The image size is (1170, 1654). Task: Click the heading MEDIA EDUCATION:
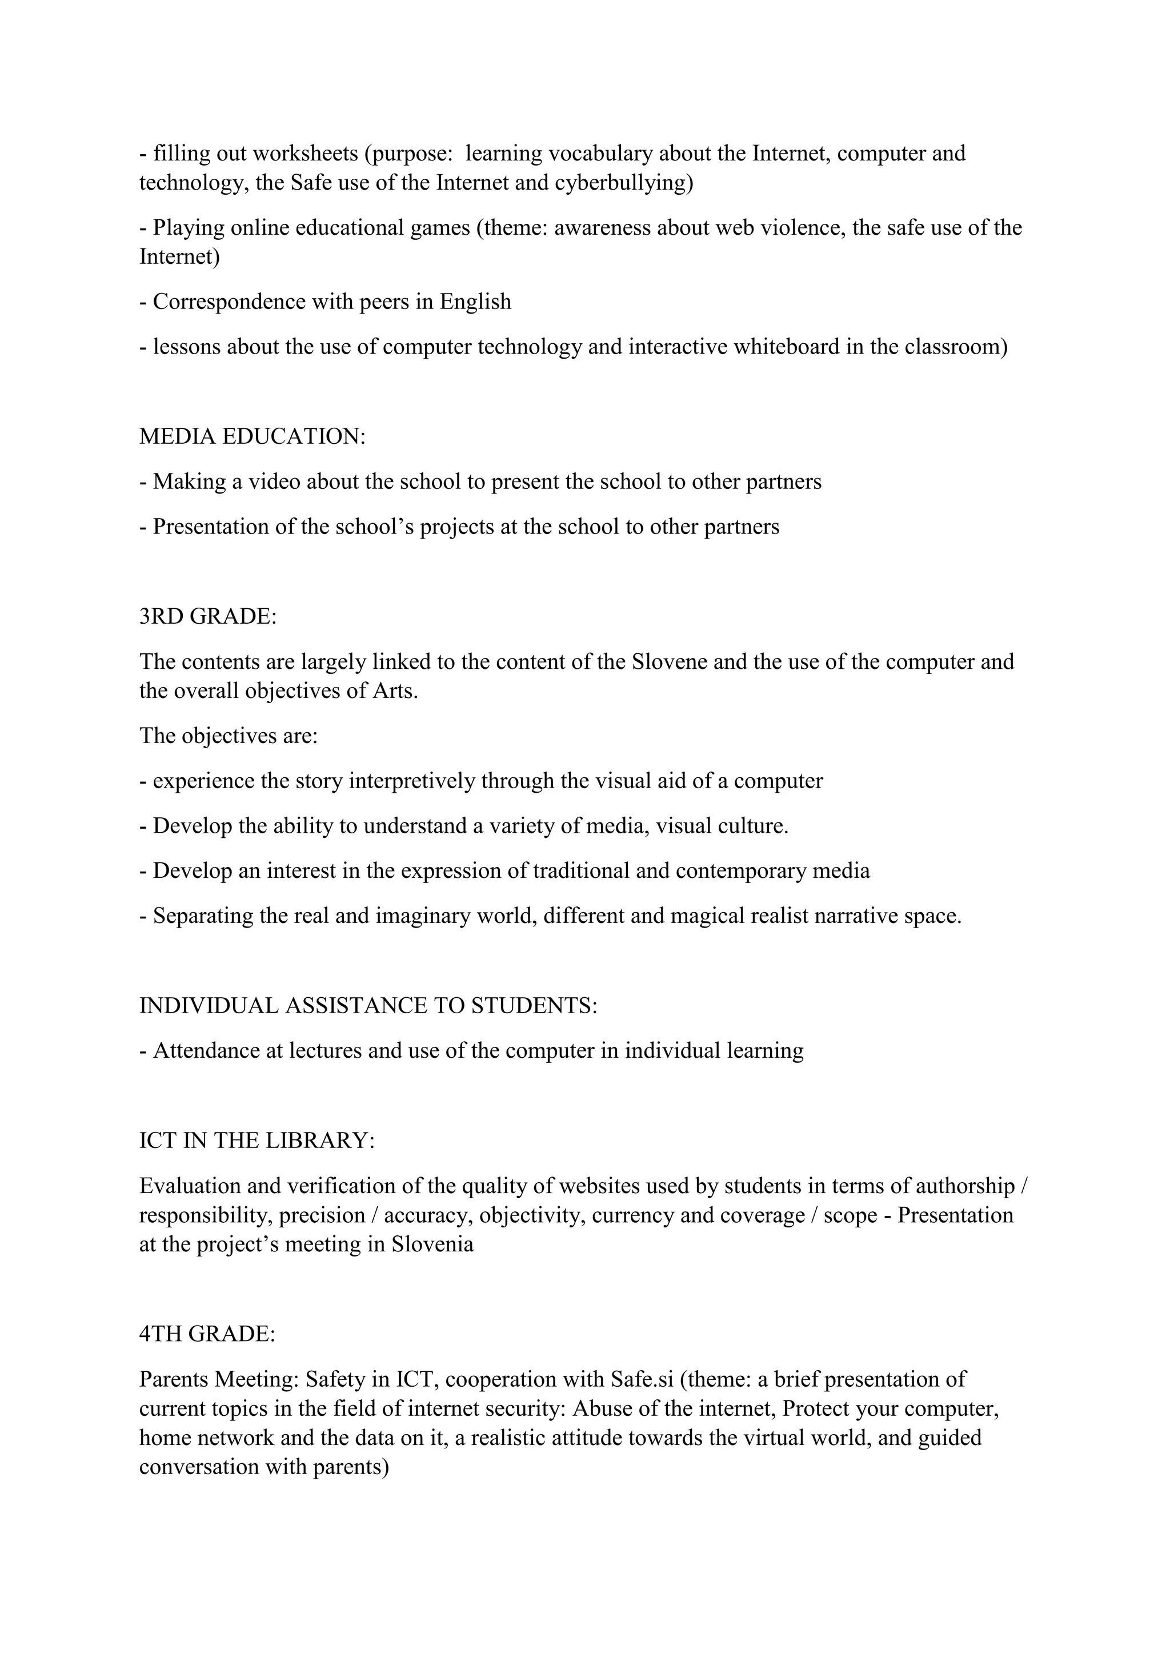pyautogui.click(x=252, y=436)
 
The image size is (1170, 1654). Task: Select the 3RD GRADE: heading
pyautogui.click(x=207, y=617)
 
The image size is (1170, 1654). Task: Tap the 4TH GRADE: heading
pyautogui.click(x=207, y=1334)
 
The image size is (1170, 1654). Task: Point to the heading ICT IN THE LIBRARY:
pyautogui.click(x=257, y=1141)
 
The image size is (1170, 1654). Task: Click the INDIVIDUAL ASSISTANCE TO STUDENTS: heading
pyautogui.click(x=368, y=1006)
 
